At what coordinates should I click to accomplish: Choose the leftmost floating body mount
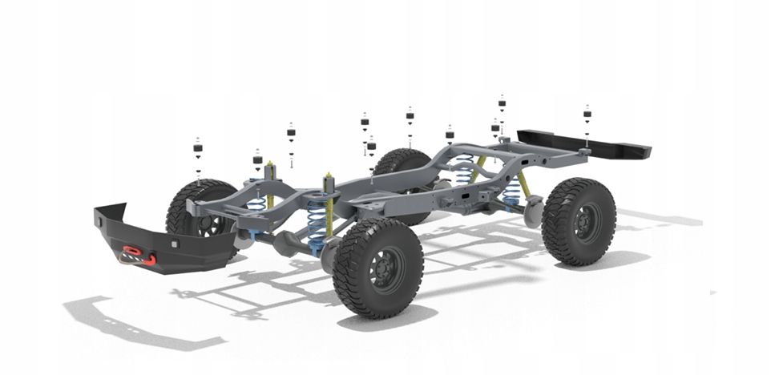tap(198, 150)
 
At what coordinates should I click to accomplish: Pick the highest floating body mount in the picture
tap(502, 103)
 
